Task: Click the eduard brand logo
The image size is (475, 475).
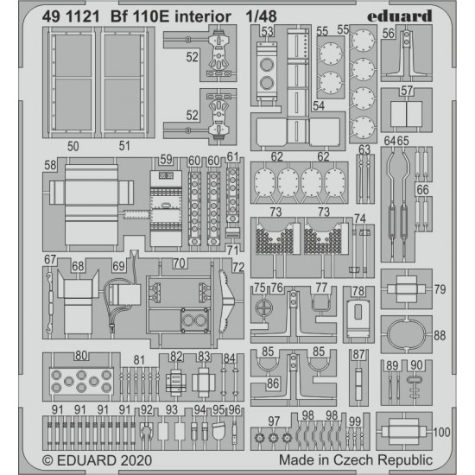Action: (400, 16)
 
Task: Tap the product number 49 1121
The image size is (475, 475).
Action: (71, 16)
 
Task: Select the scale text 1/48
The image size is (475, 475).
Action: (261, 16)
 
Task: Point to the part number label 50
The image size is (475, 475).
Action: (73, 146)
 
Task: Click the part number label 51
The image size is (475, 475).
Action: (124, 146)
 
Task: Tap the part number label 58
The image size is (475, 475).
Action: (50, 165)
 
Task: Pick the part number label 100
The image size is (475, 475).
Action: (441, 432)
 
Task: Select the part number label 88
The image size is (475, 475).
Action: (440, 336)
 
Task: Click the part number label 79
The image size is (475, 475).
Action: (440, 289)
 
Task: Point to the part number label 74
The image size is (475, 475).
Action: (360, 218)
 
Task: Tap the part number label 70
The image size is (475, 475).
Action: (179, 263)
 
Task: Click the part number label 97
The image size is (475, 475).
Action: (274, 421)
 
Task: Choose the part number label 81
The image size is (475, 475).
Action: (139, 360)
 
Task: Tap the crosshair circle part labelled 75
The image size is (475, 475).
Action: (264, 308)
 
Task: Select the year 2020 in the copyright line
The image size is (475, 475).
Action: (136, 460)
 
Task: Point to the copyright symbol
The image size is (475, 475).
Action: (47, 461)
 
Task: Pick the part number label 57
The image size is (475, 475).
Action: (407, 91)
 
